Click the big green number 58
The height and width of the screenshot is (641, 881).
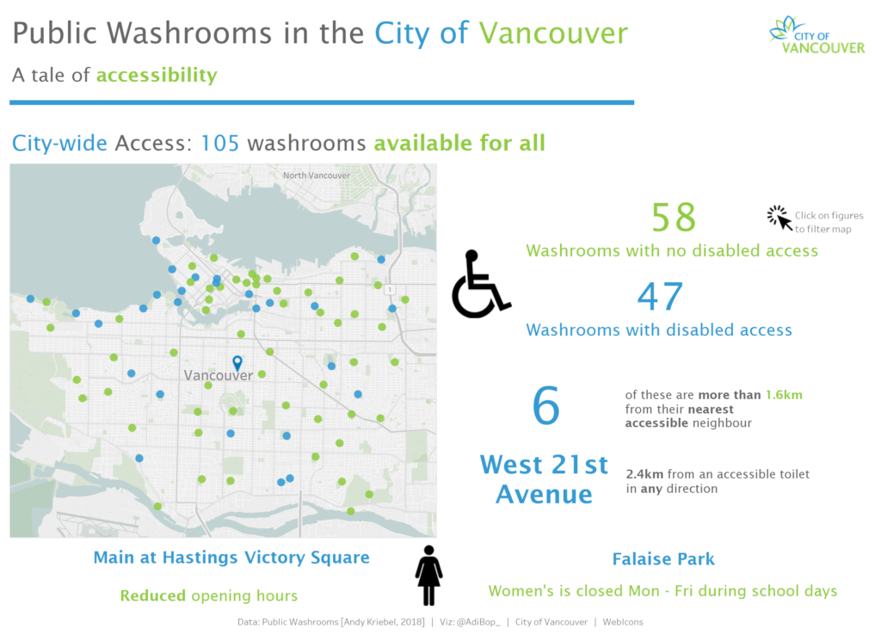674,218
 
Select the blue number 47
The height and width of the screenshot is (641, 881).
660,297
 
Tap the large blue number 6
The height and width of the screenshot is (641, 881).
546,405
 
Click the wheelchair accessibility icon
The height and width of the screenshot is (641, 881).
481,284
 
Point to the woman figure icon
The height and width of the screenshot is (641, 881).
429,576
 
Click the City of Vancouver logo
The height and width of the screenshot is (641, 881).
817,35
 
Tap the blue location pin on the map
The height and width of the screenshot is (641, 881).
237,363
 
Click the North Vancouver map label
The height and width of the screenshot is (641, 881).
317,176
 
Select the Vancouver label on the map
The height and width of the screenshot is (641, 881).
219,375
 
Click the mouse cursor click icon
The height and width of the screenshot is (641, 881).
779,218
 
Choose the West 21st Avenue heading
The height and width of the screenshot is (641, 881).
544,480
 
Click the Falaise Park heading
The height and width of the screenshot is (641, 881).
663,559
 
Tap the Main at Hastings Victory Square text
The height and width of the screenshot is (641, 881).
231,558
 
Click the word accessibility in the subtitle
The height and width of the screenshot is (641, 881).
157,75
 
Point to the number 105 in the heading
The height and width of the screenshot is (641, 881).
220,143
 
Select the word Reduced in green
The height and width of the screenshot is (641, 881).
153,595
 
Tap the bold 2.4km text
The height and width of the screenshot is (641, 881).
645,474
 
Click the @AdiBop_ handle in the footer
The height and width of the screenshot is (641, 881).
477,622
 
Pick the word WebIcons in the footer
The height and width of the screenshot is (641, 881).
623,622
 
